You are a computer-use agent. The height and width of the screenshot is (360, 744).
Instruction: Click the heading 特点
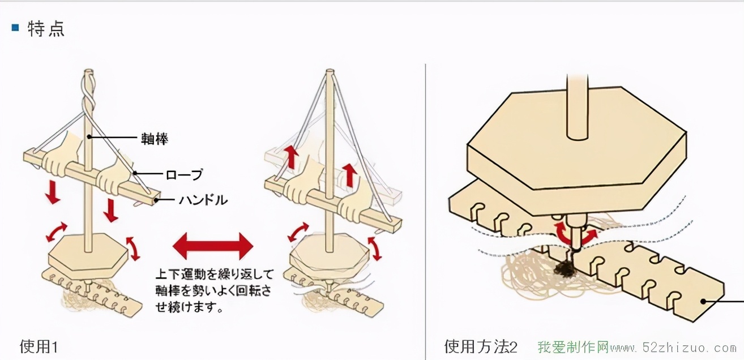point(46,29)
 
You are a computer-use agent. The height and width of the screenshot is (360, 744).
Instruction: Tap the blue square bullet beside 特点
point(15,27)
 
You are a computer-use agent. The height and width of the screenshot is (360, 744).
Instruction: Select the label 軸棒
point(154,139)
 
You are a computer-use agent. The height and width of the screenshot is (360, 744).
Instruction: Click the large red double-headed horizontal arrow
point(212,246)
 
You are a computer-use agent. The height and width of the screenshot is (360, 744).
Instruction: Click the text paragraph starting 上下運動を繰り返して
point(214,291)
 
